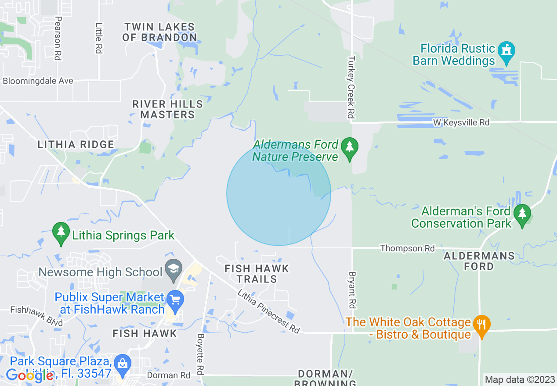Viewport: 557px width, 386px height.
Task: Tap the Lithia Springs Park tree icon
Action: coord(61,232)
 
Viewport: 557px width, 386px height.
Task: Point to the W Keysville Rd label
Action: coord(461,122)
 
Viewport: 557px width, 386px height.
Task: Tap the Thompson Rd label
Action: coord(407,248)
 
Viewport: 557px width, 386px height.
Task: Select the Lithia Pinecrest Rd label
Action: coord(269,311)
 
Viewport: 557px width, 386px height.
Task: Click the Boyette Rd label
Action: coord(201,354)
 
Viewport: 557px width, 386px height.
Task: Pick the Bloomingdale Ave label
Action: coord(38,81)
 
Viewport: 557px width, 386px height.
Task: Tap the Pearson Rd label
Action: coord(58,38)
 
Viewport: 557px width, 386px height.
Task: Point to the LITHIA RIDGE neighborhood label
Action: coord(76,144)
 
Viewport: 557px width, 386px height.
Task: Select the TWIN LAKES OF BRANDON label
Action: coord(159,32)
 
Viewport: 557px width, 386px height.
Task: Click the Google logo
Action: coord(30,375)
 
